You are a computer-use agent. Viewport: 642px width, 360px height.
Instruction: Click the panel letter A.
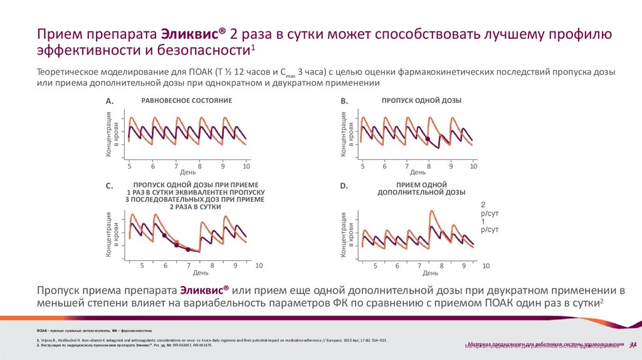point(109,101)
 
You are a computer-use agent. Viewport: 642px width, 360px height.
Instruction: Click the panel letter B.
point(344,101)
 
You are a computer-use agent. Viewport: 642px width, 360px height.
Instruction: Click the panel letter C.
point(109,186)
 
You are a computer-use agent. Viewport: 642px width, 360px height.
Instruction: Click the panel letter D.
point(344,186)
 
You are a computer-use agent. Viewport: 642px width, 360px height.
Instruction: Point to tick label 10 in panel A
point(246,166)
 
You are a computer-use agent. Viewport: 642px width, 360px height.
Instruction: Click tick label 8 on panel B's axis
point(428,166)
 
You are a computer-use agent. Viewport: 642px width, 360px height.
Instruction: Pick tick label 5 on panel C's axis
point(142,266)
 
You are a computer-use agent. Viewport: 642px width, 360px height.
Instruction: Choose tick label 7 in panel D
point(419,266)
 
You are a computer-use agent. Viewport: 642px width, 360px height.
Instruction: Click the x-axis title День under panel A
point(188,172)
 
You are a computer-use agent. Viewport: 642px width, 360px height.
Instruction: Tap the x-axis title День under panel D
point(430,273)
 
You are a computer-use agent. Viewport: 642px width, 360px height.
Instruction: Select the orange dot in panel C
point(176,241)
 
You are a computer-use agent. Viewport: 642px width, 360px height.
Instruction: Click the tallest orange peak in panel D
point(431,212)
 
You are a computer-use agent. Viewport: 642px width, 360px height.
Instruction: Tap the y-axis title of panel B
point(347,134)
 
